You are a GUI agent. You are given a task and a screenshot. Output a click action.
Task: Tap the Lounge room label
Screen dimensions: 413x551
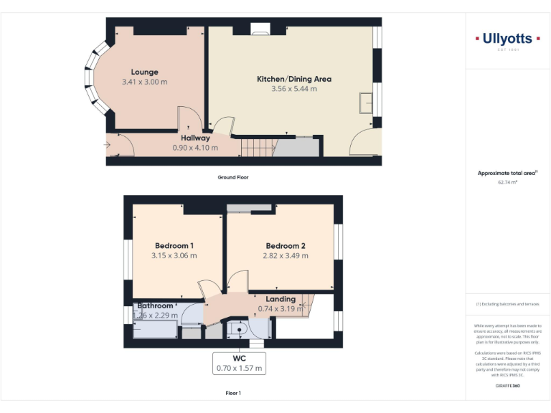coord(144,72)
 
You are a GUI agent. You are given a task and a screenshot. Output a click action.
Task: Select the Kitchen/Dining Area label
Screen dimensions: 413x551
coord(294,79)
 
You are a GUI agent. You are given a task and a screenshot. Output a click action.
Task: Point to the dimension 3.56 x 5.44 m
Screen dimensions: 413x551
coord(294,89)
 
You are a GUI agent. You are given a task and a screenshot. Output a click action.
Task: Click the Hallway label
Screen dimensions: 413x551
coord(195,138)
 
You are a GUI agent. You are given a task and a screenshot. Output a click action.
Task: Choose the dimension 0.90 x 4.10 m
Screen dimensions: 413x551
coord(195,148)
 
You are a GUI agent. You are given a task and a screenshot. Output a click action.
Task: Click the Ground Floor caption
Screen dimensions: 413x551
coord(233,177)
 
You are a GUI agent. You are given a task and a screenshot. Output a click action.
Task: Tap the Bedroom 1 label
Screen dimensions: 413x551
coord(174,246)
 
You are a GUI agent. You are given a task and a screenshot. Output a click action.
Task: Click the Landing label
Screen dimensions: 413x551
coord(281,299)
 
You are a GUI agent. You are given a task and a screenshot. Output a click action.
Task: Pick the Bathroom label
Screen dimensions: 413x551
coord(156,305)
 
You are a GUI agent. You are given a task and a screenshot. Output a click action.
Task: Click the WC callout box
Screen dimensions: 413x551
coord(240,363)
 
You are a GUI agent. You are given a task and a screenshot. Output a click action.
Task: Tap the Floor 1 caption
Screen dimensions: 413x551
coord(233,393)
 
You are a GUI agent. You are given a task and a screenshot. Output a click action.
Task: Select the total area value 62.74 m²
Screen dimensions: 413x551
coord(507,182)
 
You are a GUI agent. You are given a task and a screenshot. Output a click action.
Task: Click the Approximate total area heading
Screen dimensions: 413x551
coord(507,173)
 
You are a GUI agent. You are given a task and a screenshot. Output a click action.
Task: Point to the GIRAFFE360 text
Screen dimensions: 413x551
coord(508,386)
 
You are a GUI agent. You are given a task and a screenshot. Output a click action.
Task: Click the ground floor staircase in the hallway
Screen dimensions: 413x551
coord(258,148)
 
